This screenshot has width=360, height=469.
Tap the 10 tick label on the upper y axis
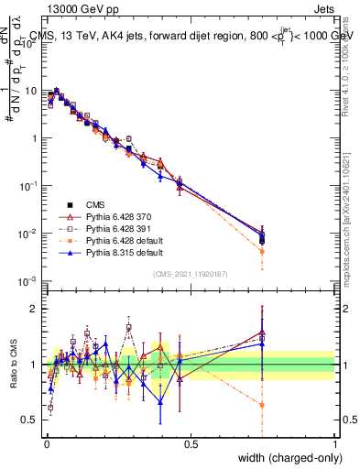click(x=32, y=91)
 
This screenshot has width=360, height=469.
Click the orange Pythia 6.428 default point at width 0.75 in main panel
click(x=262, y=251)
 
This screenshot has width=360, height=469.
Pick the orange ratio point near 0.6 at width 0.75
click(x=262, y=404)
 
